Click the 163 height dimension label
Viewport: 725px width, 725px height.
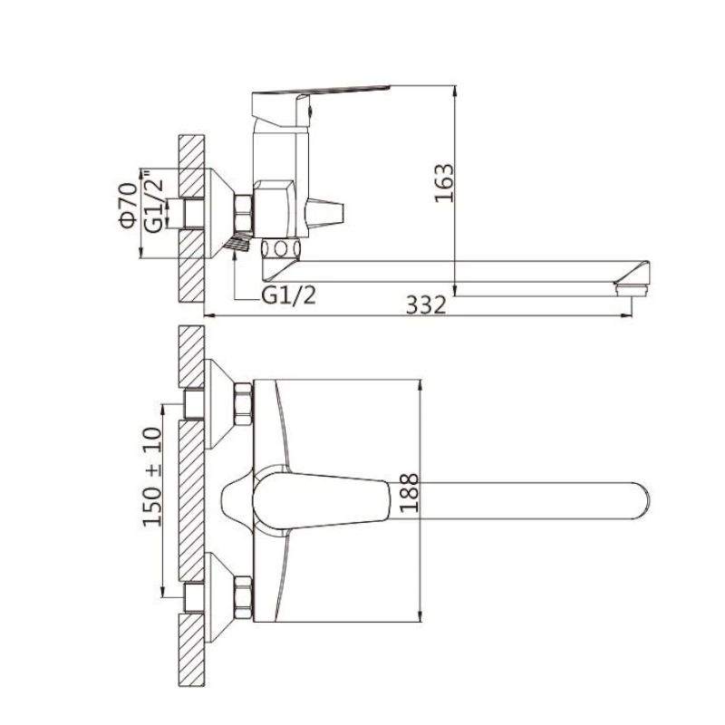[x=443, y=183]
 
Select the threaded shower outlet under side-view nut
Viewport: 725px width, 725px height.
[x=237, y=242]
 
